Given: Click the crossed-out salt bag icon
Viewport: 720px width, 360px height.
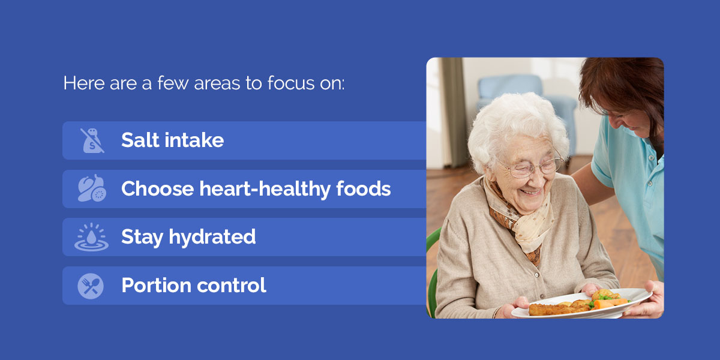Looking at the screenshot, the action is pos(92,140).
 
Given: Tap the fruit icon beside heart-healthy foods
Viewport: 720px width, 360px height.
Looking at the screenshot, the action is pos(92,188).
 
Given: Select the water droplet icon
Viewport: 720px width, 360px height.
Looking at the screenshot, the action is pos(92,237).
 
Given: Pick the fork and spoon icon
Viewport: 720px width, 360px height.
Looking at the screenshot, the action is pos(91,286).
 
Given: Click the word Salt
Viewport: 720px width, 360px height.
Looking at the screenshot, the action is pos(140,140).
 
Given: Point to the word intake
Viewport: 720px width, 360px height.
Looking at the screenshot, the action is pos(194,140).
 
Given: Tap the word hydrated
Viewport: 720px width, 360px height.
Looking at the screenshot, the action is pos(212,237).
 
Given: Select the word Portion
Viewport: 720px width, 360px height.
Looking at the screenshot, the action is pos(157,286).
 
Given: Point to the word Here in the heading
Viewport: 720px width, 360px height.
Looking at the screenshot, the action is pos(84,83).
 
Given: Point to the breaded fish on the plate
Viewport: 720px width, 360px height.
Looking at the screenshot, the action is pos(559,309).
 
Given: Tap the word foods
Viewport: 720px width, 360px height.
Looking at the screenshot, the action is pos(363,188).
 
